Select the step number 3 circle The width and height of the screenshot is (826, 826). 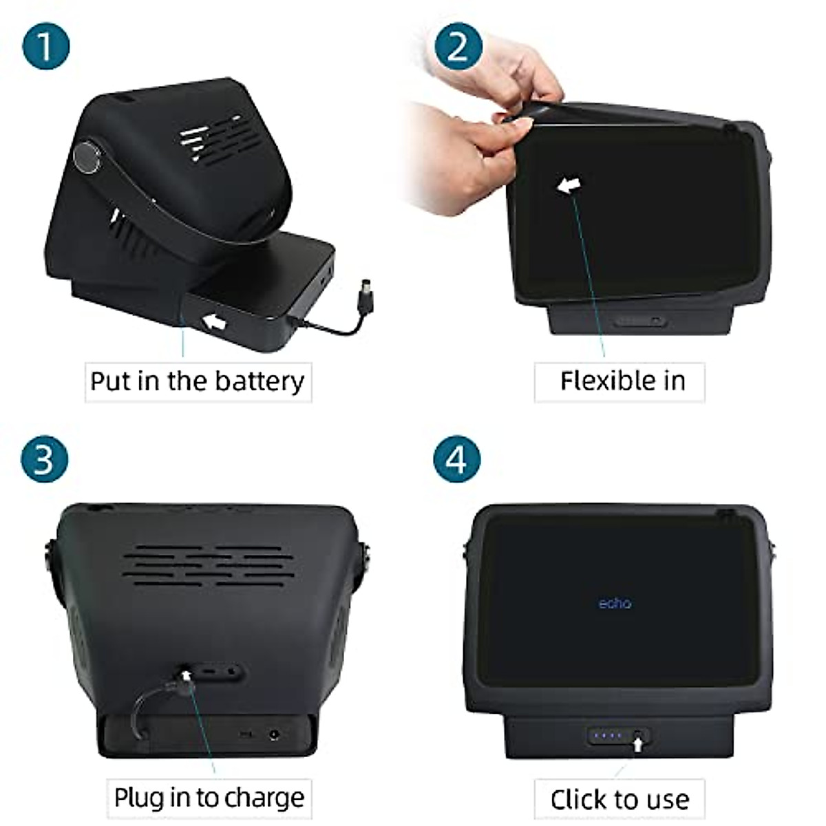[45, 458]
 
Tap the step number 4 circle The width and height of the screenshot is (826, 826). [458, 458]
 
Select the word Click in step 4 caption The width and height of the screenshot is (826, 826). [578, 800]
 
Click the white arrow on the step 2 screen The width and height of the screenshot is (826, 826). [569, 185]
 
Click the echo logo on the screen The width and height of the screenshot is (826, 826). [615, 604]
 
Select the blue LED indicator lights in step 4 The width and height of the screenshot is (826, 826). [608, 735]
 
